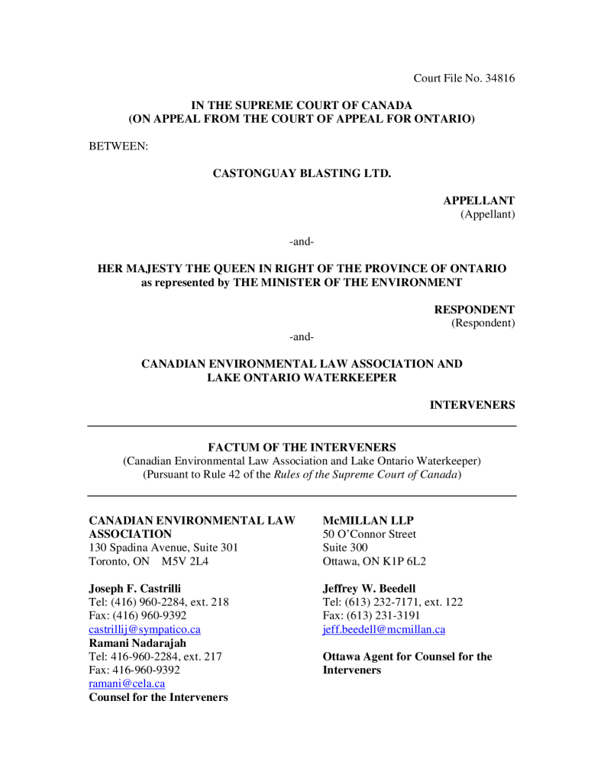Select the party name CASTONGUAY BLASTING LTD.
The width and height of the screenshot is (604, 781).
pyautogui.click(x=302, y=173)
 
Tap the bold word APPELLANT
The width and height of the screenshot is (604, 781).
pyautogui.click(x=479, y=201)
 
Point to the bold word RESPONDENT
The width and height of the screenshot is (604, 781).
pyautogui.click(x=474, y=310)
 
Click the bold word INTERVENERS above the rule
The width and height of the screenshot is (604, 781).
pyautogui.click(x=472, y=405)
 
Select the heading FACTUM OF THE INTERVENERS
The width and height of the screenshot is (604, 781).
pyautogui.click(x=302, y=447)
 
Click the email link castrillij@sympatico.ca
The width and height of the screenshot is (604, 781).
pyautogui.click(x=145, y=629)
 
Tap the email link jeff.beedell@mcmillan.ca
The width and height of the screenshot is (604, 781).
pyautogui.click(x=384, y=629)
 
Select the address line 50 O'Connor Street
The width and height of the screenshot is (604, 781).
pyautogui.click(x=370, y=534)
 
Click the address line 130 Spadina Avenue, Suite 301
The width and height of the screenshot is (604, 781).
pyautogui.click(x=163, y=548)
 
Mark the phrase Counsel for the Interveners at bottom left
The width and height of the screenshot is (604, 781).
pyautogui.click(x=158, y=697)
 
